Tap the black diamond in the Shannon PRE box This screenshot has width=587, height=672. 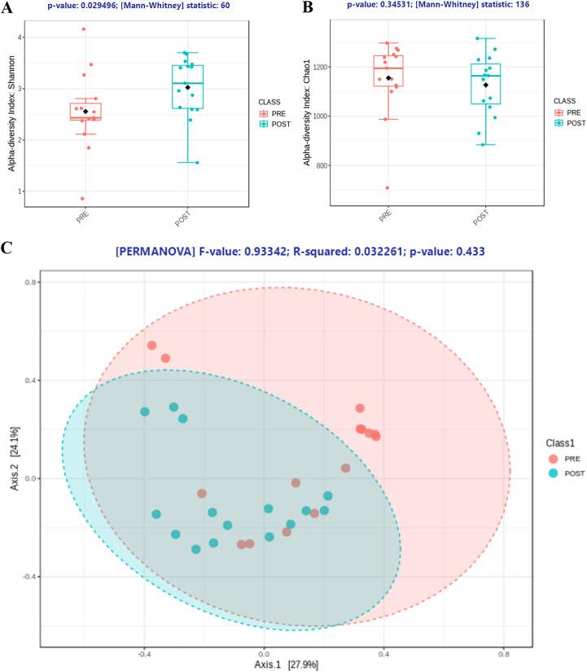coord(85,112)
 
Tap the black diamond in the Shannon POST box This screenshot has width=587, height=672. coord(187,87)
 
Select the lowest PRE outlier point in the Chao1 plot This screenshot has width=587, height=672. coord(387,187)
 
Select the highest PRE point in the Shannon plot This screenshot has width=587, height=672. coord(83,29)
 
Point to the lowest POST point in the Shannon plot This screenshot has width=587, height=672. coord(197,162)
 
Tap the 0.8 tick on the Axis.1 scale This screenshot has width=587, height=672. coord(503,653)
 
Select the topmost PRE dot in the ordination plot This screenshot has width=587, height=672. coord(151,345)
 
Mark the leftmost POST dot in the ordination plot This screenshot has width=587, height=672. coord(145,411)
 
